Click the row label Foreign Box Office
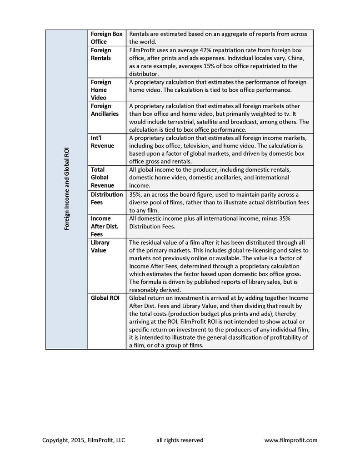[106, 38]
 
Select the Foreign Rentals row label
[101, 54]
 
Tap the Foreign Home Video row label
[101, 89]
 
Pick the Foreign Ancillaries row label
[105, 109]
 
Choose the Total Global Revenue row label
[102, 178]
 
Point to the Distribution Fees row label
[107, 198]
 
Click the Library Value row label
[100, 246]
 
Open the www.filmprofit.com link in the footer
[291, 440]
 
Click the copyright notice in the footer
[84, 440]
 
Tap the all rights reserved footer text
[180, 440]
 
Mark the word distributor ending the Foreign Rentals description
[144, 74]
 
